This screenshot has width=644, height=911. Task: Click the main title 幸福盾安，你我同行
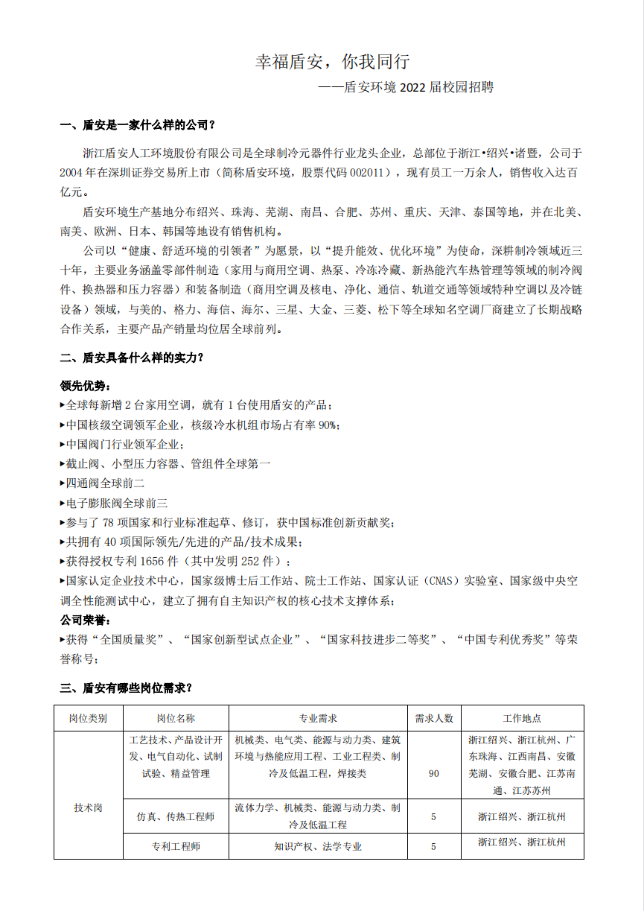[x=332, y=62]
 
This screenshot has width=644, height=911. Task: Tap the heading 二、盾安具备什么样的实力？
[x=132, y=358]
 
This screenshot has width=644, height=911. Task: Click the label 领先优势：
[x=85, y=386]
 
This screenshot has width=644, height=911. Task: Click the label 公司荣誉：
[x=85, y=620]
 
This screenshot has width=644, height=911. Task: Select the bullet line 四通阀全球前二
[x=104, y=483]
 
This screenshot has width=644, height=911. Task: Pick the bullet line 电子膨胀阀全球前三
[x=116, y=503]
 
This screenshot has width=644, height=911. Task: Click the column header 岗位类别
[x=88, y=718]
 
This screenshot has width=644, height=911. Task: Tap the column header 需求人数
[x=434, y=718]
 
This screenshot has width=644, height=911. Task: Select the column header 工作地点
[x=522, y=718]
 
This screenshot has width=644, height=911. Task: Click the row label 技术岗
[x=88, y=807]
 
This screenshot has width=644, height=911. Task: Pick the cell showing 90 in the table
[x=434, y=773]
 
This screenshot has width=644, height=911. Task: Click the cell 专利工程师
[x=176, y=846]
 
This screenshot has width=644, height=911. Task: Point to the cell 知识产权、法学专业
[x=318, y=846]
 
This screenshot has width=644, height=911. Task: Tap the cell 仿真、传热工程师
[x=176, y=816]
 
